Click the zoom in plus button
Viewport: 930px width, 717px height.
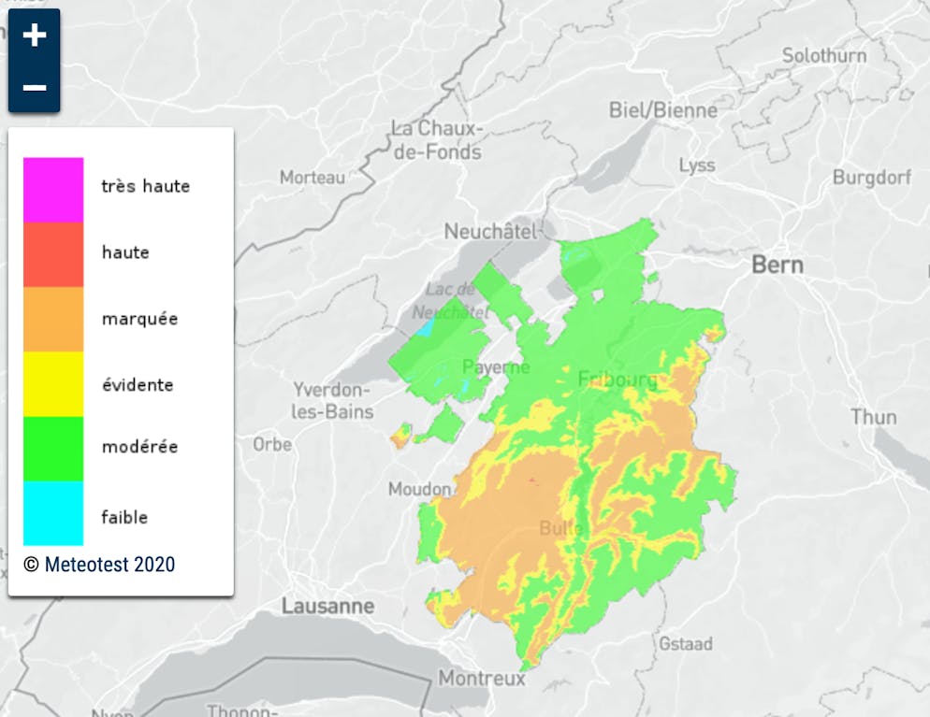35,36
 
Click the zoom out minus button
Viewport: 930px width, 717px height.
35,88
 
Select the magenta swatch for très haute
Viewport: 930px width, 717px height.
53,189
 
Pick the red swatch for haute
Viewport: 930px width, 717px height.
53,253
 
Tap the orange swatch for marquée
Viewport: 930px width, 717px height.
53,319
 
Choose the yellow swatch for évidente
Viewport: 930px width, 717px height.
53,383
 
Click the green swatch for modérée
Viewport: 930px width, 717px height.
53,448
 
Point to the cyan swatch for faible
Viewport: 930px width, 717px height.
53,513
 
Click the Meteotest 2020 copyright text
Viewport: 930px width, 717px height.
99,565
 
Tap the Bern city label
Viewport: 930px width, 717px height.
777,265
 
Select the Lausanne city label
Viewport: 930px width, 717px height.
327,607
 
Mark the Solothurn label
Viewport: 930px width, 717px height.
824,56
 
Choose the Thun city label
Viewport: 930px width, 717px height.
873,417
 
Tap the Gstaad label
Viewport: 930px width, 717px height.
685,644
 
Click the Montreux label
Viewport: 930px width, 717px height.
482,679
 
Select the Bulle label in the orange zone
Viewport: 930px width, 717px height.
561,528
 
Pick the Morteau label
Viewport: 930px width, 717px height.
312,177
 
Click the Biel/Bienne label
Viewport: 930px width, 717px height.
663,110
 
